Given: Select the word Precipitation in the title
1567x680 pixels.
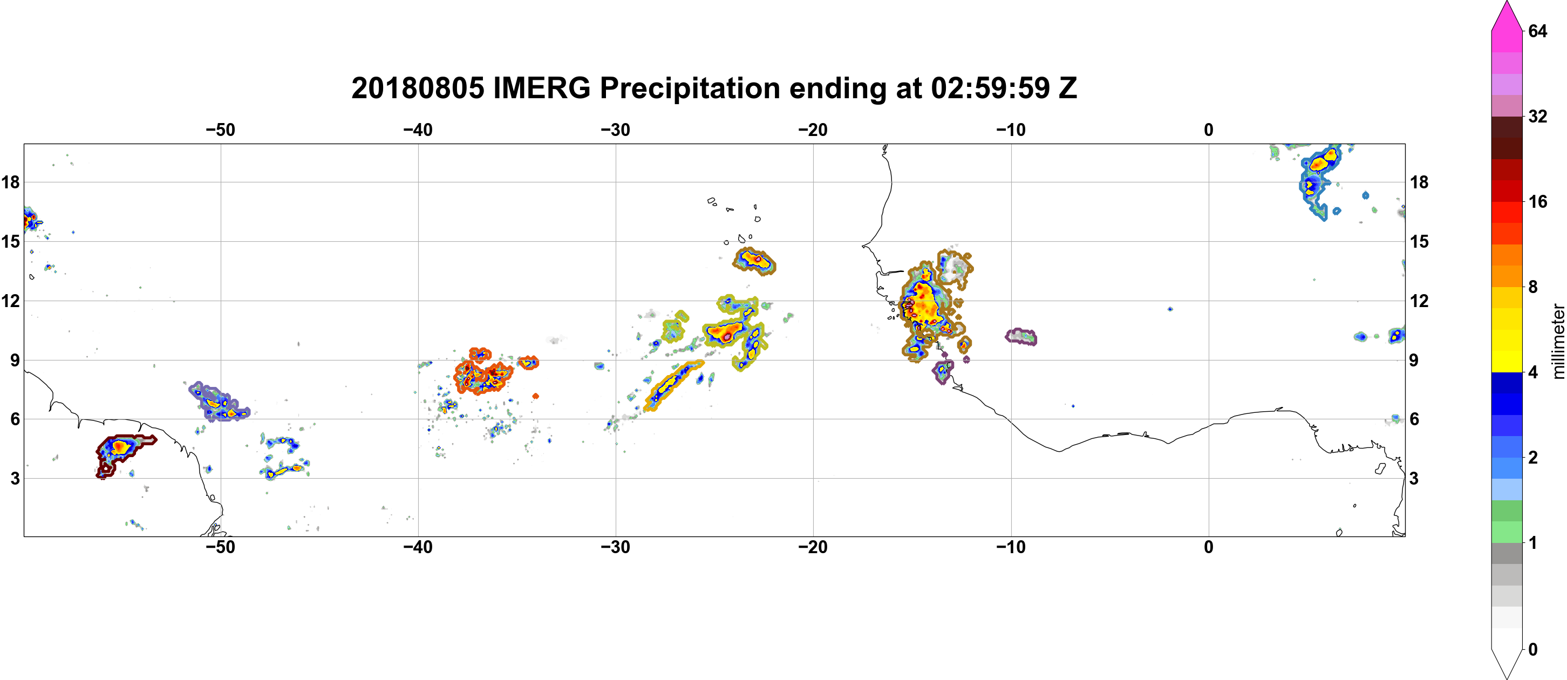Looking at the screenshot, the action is (689, 89).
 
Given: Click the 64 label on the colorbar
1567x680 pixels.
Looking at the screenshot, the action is (1537, 31).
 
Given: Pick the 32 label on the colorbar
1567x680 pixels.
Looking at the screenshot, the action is (1537, 116).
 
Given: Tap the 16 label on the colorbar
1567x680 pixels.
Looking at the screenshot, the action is (1537, 201).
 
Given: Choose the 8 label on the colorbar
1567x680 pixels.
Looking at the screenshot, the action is (1533, 287).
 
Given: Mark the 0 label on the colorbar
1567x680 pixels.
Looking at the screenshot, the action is (1533, 649).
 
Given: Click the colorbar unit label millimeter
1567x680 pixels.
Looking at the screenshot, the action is (1557, 341).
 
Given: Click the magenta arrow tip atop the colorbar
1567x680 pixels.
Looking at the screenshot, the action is (1506, 2).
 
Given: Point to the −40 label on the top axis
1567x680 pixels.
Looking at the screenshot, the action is (418, 130).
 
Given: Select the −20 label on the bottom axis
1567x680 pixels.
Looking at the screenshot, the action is (813, 547).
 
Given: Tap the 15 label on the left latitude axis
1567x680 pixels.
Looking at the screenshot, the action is (10, 241).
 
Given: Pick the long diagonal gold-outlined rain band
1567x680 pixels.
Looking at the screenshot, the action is (674, 386).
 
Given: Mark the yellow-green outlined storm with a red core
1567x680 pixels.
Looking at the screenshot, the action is (727, 334).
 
